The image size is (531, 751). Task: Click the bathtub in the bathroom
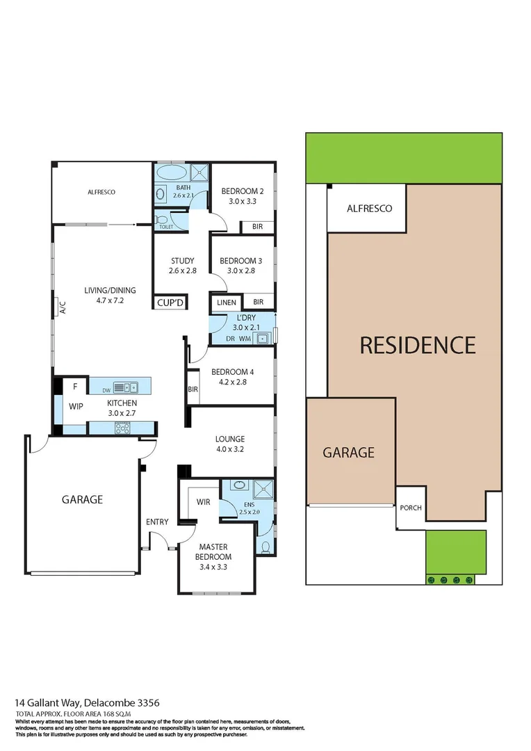(x=170, y=172)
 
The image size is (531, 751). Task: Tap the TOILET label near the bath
(x=165, y=227)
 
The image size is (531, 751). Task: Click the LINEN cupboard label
(x=227, y=302)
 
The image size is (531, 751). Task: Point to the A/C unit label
(x=62, y=306)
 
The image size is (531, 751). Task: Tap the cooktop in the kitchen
(x=124, y=428)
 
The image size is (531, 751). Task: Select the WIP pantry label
(x=75, y=406)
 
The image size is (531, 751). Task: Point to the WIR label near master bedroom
(x=204, y=501)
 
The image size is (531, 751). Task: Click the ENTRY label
(x=157, y=522)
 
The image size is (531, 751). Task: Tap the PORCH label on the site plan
(x=411, y=508)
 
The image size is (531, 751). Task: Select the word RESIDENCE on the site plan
(x=418, y=345)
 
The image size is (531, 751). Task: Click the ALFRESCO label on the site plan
(x=369, y=209)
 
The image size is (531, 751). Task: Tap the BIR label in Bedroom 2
(x=257, y=227)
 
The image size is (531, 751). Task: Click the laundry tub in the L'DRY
(x=263, y=339)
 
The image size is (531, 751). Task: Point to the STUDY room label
(x=181, y=261)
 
